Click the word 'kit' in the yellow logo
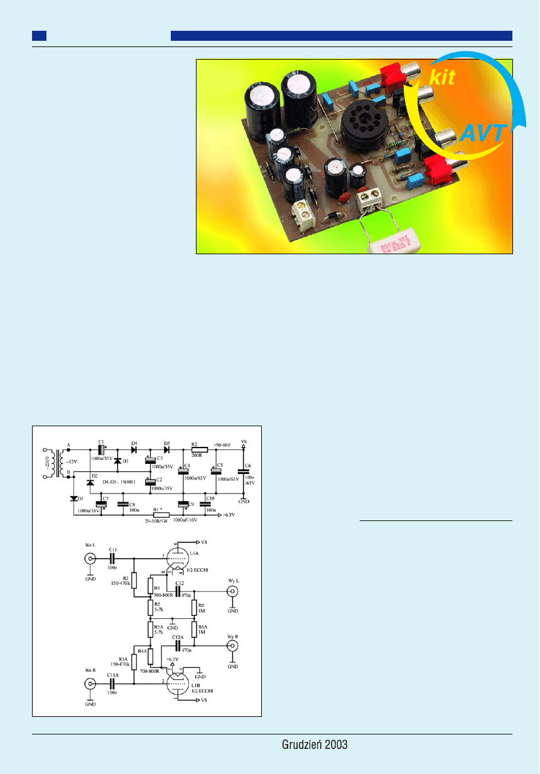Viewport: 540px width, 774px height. click(x=441, y=78)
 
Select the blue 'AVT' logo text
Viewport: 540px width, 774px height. click(x=482, y=133)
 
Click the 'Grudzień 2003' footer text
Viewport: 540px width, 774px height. click(x=315, y=744)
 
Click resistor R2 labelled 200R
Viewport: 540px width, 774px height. click(x=199, y=449)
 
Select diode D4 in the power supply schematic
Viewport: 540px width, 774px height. click(x=134, y=449)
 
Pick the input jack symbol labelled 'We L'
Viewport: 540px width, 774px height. click(x=90, y=557)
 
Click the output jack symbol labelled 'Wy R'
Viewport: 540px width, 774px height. click(x=232, y=646)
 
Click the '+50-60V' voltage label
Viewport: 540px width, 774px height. click(x=222, y=444)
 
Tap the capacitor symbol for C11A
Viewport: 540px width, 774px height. click(x=113, y=684)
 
